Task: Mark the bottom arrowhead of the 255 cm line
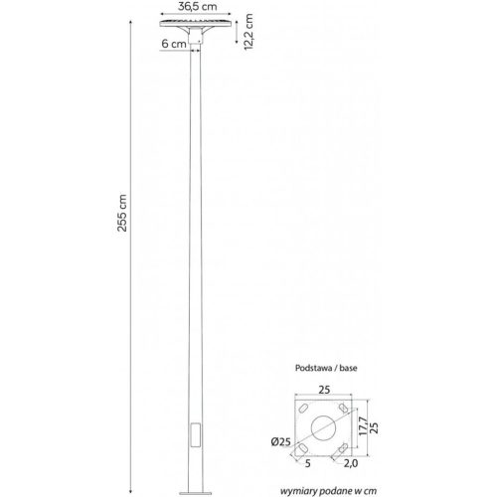click(135, 488)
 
